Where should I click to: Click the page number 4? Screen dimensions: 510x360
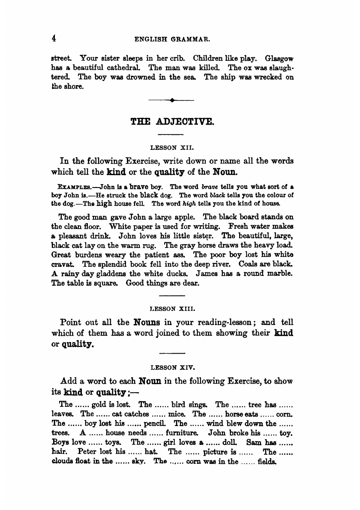(54, 38)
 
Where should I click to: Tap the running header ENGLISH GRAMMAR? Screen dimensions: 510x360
(172, 39)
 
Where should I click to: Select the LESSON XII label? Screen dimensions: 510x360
(172, 148)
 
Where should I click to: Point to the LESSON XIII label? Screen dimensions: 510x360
(172, 308)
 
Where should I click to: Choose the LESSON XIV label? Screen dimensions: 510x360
(172, 367)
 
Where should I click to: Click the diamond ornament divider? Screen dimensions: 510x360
(171, 101)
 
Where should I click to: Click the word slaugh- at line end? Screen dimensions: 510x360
(280, 68)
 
